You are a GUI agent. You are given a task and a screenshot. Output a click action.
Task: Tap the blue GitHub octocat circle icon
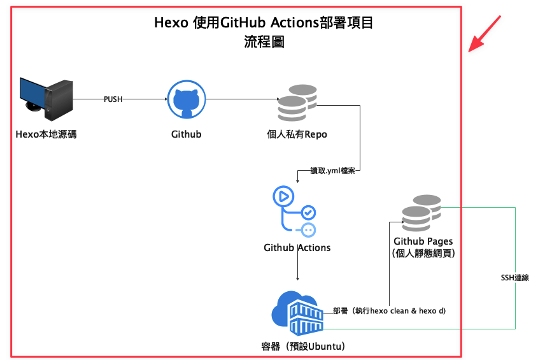pyautogui.click(x=187, y=100)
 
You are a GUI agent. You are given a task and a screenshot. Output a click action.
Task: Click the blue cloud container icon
pyautogui.click(x=298, y=313)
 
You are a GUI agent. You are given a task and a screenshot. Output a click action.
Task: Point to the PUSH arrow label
pyautogui.click(x=113, y=99)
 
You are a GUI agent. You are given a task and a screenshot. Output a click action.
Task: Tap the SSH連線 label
pyautogui.click(x=515, y=278)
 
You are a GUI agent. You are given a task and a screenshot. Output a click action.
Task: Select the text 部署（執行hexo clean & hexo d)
pyautogui.click(x=389, y=311)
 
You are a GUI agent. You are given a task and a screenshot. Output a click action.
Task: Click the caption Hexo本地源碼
pyautogui.click(x=46, y=134)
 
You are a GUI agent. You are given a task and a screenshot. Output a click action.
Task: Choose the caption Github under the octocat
pyautogui.click(x=187, y=134)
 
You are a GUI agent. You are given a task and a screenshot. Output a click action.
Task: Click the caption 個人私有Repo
pyautogui.click(x=297, y=134)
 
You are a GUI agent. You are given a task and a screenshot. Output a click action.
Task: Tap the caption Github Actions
pyautogui.click(x=297, y=247)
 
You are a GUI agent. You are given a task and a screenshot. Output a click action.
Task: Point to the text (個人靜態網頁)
pyautogui.click(x=423, y=253)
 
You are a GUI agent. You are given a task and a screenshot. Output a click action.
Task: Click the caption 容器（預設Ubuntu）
pyautogui.click(x=303, y=347)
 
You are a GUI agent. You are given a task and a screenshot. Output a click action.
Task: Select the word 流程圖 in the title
pyautogui.click(x=264, y=42)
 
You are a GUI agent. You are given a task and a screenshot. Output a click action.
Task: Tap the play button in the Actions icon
pyautogui.click(x=282, y=196)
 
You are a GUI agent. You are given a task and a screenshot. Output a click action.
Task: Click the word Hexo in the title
pyautogui.click(x=171, y=24)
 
